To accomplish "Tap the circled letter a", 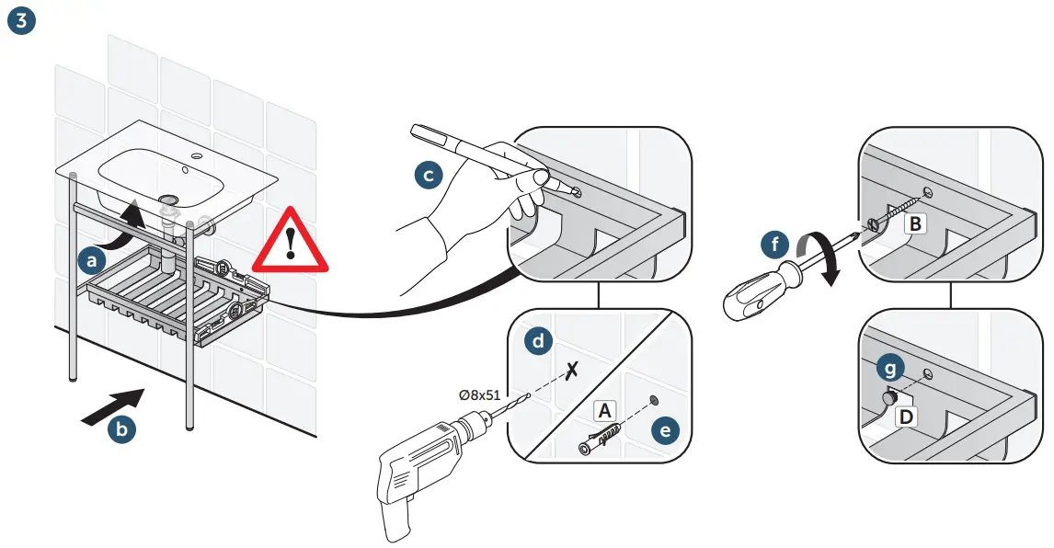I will pyautogui.click(x=90, y=262).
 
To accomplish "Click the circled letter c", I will pyautogui.click(x=429, y=174).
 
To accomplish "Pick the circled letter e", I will pyautogui.click(x=666, y=428).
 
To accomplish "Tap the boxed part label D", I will pyautogui.click(x=906, y=417).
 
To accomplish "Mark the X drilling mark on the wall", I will pyautogui.click(x=573, y=371).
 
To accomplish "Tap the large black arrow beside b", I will pyautogui.click(x=113, y=405).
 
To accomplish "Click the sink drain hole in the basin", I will pyautogui.click(x=168, y=198).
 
